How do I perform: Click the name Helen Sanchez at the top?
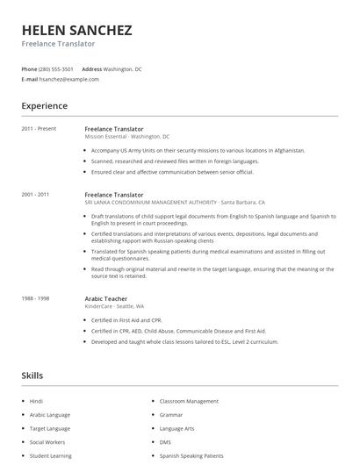[x=77, y=30]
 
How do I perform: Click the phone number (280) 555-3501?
[x=57, y=68]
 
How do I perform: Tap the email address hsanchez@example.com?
[x=68, y=79]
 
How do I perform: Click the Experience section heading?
[x=44, y=106]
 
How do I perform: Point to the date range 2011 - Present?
[x=39, y=129]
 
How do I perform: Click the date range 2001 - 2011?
[x=36, y=195]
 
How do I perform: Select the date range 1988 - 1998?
[x=36, y=298]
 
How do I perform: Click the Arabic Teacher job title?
[x=105, y=298]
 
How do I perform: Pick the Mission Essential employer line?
[x=126, y=137]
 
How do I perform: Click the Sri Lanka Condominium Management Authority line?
[x=174, y=203]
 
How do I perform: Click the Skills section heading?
[x=32, y=376]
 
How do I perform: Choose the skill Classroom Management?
[x=189, y=401]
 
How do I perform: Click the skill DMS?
[x=166, y=442]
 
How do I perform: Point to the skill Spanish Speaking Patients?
[x=191, y=456]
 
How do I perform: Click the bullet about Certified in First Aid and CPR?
[x=127, y=320]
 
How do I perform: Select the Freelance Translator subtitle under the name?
[x=58, y=44]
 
